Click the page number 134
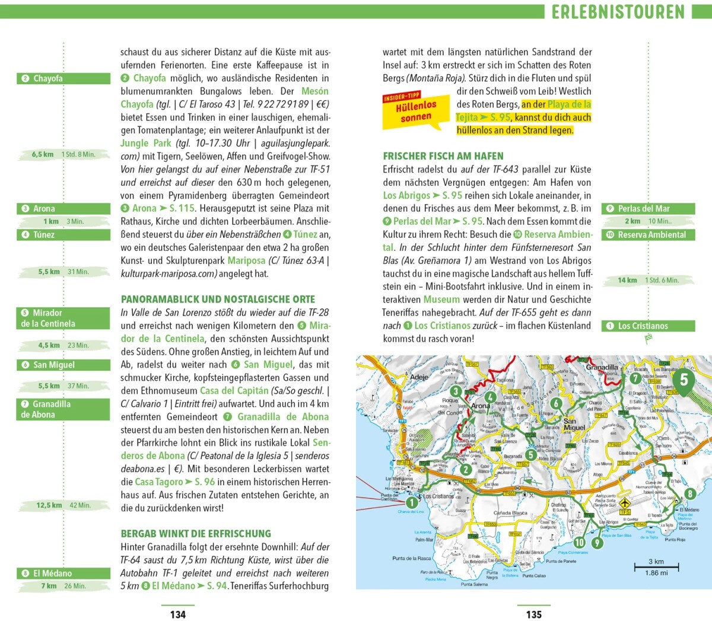178,614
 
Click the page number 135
534,614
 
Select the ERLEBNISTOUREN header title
618,11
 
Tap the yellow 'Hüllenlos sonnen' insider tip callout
414,111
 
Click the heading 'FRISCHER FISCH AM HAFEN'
443,156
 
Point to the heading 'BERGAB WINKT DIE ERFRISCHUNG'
196,533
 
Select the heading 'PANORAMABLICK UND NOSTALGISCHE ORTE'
218,300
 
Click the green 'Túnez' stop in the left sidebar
63,235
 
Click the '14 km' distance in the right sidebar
627,280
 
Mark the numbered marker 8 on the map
689,493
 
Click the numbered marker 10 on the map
579,542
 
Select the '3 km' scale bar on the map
656,567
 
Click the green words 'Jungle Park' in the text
146,143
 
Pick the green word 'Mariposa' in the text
246,260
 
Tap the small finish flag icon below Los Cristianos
648,339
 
